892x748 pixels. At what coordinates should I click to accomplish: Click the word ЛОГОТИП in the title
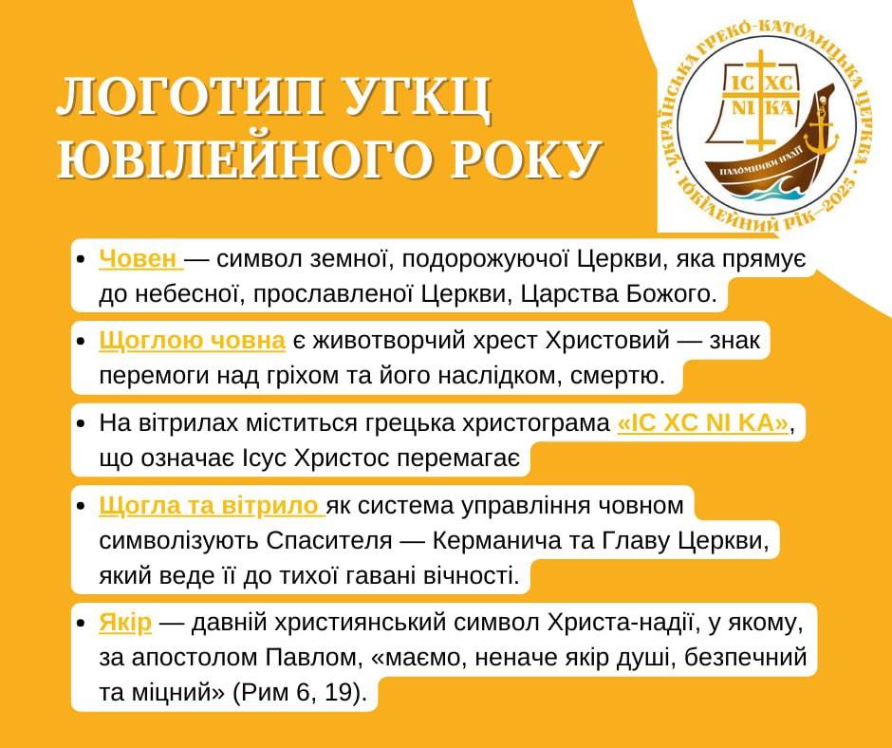pyautogui.click(x=191, y=97)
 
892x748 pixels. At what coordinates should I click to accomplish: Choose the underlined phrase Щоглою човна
pyautogui.click(x=192, y=341)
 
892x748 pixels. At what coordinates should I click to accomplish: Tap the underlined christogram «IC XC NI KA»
pyautogui.click(x=703, y=423)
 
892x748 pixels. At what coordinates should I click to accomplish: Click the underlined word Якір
pyautogui.click(x=125, y=622)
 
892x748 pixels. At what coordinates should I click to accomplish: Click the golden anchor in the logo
pyautogui.click(x=821, y=130)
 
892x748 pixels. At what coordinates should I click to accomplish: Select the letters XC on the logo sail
pyautogui.click(x=779, y=84)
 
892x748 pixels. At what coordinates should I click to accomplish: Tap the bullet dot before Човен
pyautogui.click(x=81, y=259)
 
